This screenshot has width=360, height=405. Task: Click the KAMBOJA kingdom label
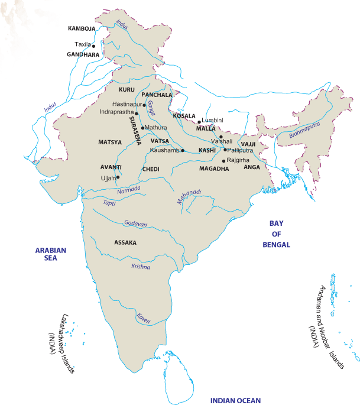coord(82,28)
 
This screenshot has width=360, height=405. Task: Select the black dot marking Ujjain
coord(118,177)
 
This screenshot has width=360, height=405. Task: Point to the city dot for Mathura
coord(143,127)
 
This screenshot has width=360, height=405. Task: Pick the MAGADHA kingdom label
coord(213,169)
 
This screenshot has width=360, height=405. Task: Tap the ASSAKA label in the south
coord(125,242)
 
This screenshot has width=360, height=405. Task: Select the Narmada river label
coord(129,189)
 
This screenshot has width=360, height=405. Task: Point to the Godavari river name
coord(136,223)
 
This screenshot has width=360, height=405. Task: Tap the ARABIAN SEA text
coord(51,254)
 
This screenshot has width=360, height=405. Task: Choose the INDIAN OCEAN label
coord(235,400)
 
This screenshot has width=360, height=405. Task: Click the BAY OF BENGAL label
coord(277,234)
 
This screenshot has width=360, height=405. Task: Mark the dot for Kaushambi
coord(183,151)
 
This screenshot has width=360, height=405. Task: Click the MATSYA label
coord(110,142)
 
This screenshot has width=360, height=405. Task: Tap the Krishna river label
coord(141,267)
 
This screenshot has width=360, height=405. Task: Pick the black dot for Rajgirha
coord(223,161)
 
